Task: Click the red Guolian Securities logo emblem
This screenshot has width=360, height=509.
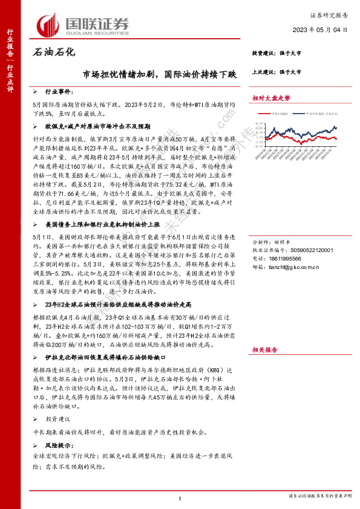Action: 48,24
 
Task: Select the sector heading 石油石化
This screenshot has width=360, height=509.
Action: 53,53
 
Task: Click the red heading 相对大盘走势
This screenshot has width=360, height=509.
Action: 271,97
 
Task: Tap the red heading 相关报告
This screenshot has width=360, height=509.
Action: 264,349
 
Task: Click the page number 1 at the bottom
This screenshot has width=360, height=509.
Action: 180,498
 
